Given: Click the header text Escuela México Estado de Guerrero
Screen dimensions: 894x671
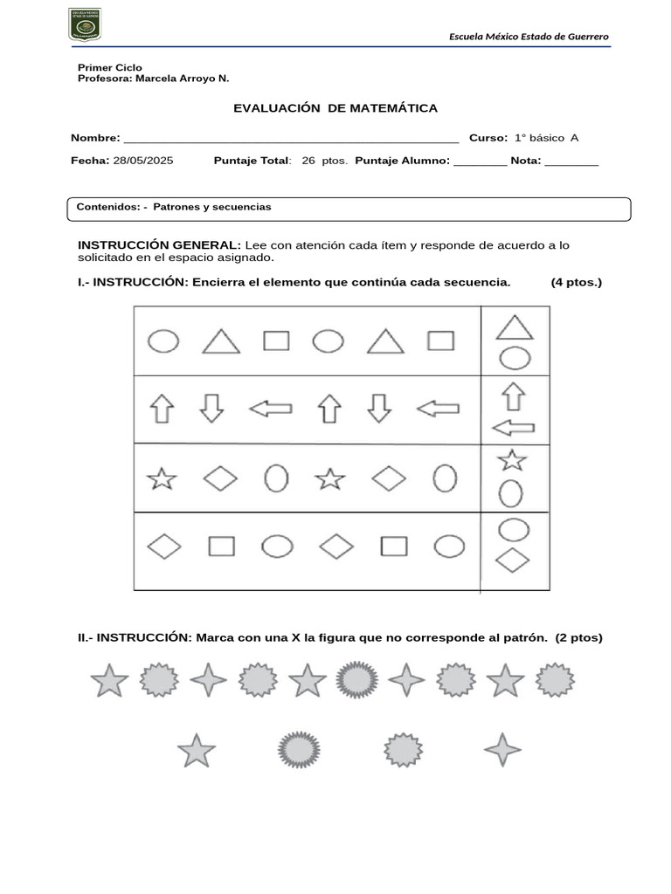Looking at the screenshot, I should [x=529, y=36].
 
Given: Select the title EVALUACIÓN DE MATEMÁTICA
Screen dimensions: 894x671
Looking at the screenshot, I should [x=335, y=108].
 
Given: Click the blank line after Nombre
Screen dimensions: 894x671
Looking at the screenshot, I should [x=292, y=138].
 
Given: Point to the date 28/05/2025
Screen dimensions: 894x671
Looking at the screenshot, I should [x=143, y=161].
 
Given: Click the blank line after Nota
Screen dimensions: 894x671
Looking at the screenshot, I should [x=571, y=161].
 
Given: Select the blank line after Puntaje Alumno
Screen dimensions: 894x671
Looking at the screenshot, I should [x=480, y=161].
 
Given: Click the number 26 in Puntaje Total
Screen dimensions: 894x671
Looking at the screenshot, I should [x=308, y=161].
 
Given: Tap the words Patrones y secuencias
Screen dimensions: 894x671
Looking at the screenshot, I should [x=212, y=207].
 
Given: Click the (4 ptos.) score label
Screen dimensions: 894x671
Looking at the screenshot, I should [x=576, y=282].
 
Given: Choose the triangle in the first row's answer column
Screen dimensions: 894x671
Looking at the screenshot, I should [x=515, y=327].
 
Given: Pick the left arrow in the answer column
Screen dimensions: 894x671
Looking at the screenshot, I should [x=514, y=428].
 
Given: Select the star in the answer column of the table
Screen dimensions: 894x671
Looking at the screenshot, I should [x=511, y=459].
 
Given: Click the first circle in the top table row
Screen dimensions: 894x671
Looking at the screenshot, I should [x=163, y=340].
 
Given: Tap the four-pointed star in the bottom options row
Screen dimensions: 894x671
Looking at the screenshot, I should [x=502, y=750].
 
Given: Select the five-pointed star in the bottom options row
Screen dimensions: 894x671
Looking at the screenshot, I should [x=197, y=750].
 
